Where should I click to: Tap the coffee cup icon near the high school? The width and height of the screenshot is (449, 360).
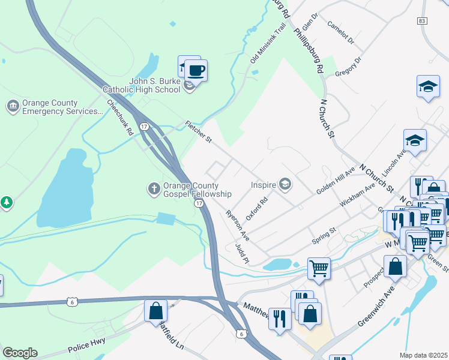[x=196, y=71]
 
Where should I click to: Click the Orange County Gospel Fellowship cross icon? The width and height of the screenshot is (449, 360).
[x=154, y=189]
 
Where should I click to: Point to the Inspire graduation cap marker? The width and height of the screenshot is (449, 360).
[x=285, y=185]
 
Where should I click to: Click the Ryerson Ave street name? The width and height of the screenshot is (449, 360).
[x=237, y=225]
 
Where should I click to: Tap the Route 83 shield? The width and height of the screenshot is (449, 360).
[x=423, y=21]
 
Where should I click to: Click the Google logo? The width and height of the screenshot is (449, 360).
[x=20, y=352]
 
